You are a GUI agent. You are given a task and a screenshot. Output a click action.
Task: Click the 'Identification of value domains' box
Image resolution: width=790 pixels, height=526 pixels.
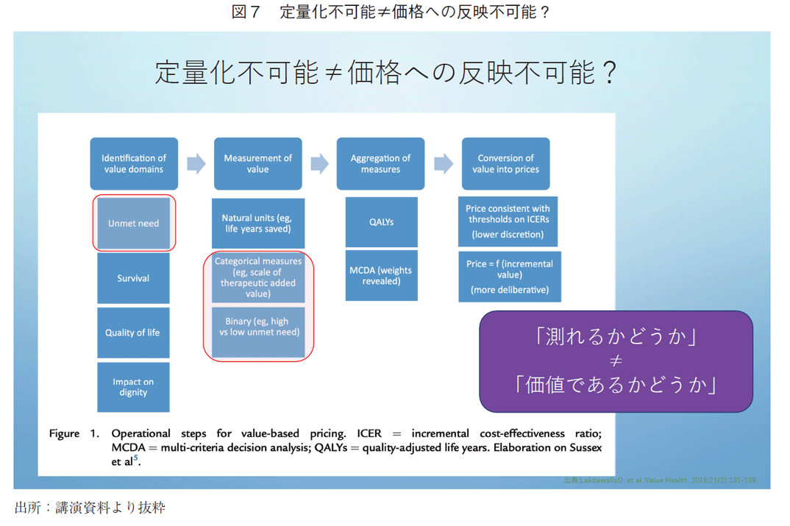coord(134,163)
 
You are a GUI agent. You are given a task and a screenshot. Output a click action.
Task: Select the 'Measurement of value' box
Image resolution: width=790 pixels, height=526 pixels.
coord(257,163)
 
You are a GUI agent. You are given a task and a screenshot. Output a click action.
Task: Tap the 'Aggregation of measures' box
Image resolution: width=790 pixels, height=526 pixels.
coord(380,163)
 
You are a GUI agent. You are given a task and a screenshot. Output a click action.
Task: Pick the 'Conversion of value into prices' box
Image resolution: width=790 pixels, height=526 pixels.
coord(505,163)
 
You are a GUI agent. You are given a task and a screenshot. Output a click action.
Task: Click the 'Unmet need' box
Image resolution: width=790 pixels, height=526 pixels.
coord(133,223)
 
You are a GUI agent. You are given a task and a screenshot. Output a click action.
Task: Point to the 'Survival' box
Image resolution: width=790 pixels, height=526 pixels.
coord(133,278)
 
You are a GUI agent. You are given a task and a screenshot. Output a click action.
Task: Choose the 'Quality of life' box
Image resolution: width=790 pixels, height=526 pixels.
coord(133,333)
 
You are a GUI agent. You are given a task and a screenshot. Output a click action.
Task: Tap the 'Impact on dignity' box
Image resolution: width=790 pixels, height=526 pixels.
coord(133,387)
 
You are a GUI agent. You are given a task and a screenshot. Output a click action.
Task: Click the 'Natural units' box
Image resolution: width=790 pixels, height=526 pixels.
coord(257,223)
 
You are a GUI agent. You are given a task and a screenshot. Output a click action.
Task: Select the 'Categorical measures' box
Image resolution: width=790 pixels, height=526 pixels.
coord(257,277)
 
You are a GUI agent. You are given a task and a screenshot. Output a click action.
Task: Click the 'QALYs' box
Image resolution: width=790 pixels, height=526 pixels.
coord(381,222)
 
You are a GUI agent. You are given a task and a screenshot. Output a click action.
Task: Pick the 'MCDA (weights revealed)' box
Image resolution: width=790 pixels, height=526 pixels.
coord(381,275)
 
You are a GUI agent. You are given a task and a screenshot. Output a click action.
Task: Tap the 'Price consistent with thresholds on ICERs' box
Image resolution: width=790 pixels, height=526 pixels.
coord(508,221)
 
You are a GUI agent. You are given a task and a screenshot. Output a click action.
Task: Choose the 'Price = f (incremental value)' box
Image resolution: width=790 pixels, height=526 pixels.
coord(509,277)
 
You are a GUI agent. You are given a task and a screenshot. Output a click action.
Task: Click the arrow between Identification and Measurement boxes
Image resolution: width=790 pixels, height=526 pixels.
coord(196,163)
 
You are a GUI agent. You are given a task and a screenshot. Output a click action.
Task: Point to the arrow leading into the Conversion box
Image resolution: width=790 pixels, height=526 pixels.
coord(444,163)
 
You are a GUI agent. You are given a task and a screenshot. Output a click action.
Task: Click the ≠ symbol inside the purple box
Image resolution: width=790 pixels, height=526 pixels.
coord(616,360)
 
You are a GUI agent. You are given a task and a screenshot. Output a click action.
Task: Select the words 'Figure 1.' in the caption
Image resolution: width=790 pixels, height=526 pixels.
coord(74,433)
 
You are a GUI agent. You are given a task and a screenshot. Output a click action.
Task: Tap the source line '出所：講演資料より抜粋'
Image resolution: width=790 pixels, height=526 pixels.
coord(90,508)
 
